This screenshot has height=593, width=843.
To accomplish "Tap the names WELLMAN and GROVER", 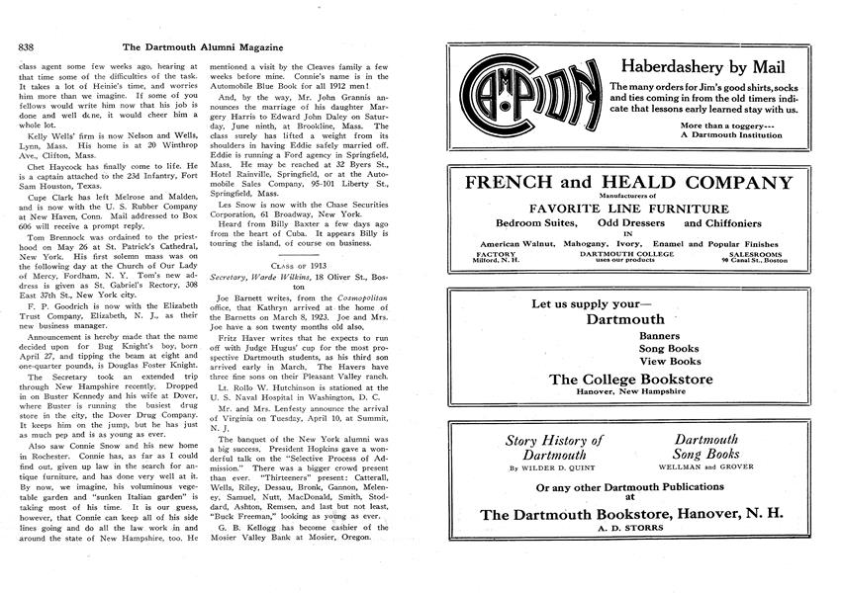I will [706, 468].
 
